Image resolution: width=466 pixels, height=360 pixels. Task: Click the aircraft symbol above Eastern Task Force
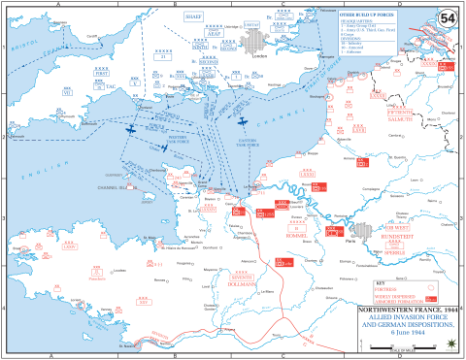[243, 122]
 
